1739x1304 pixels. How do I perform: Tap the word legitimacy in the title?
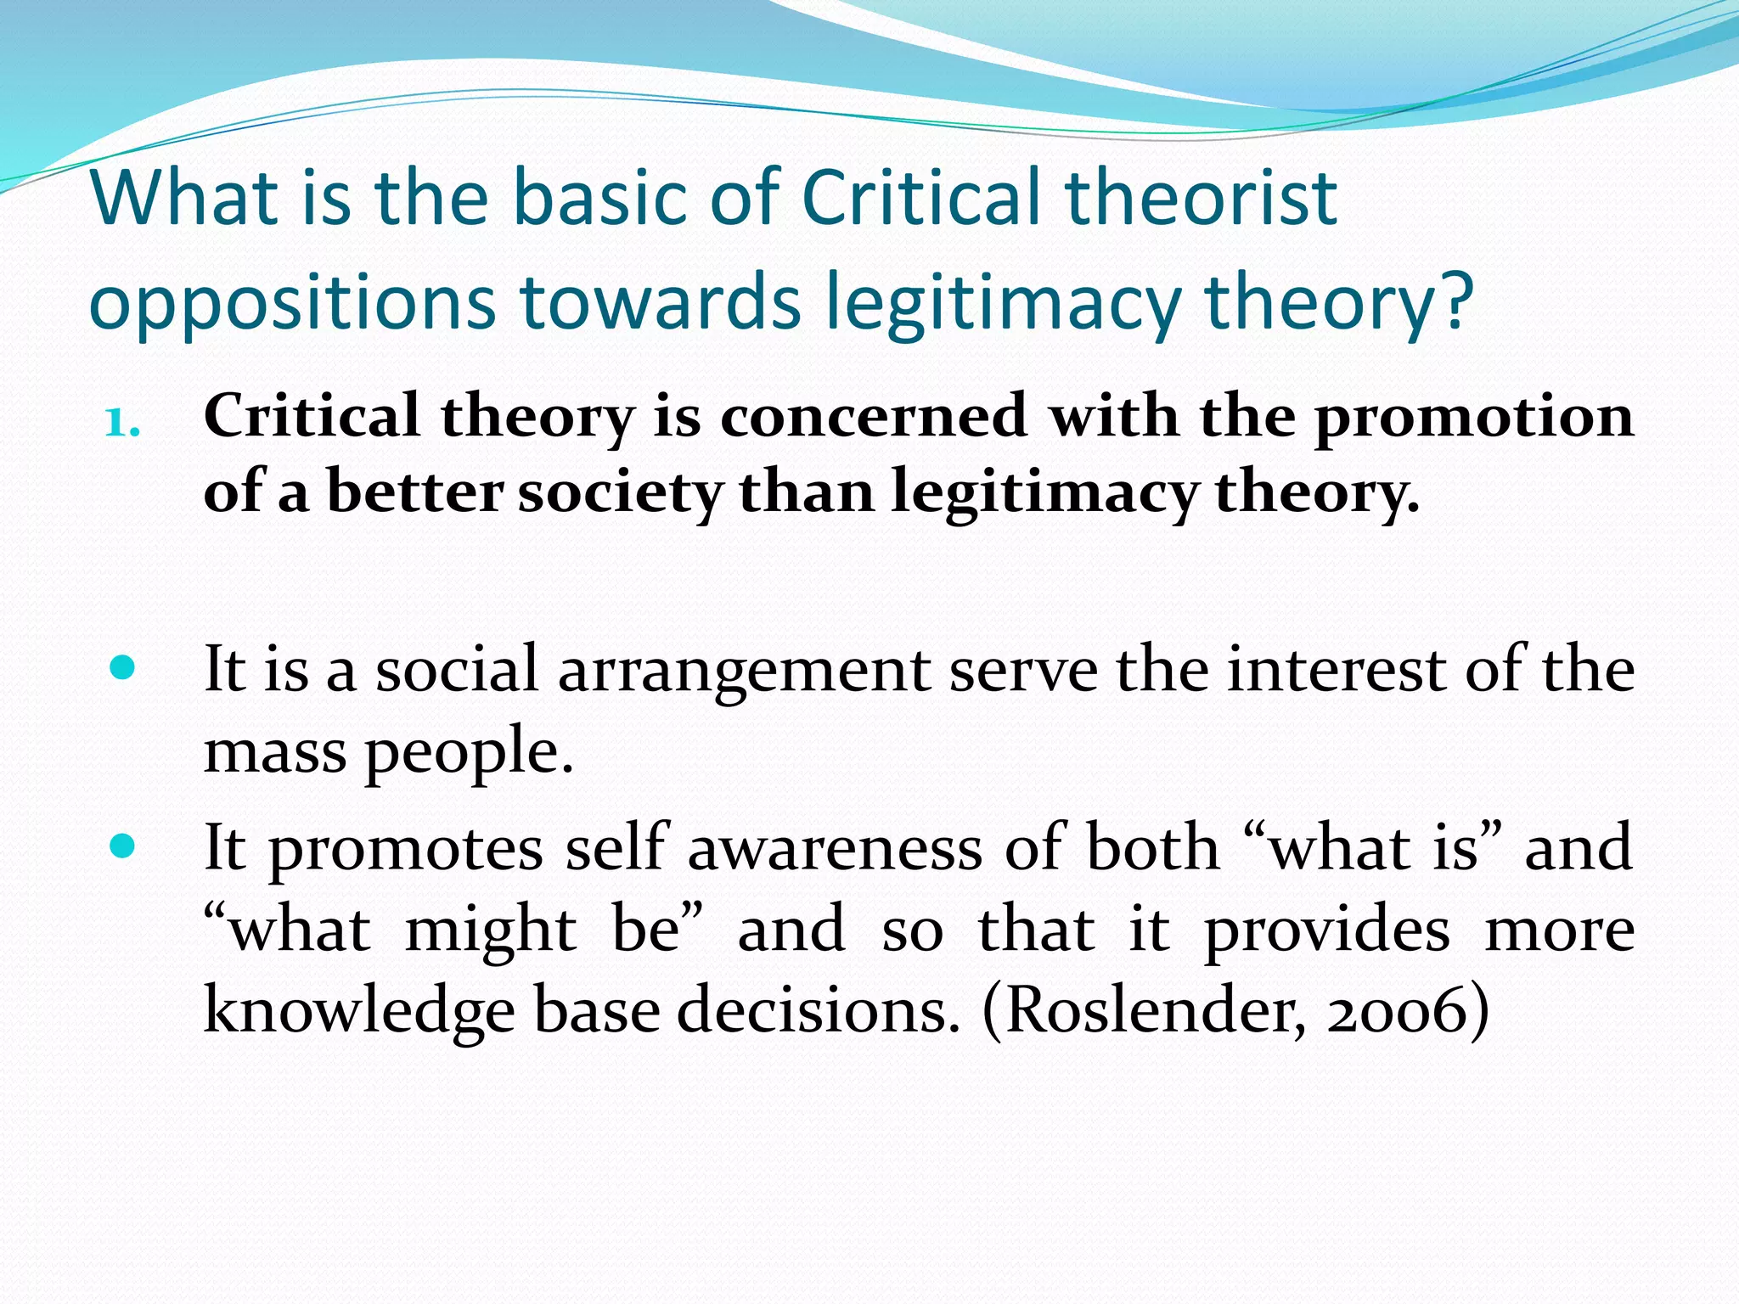pos(1003,303)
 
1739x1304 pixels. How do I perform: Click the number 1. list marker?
pos(122,422)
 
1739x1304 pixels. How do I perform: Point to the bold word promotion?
pos(1473,419)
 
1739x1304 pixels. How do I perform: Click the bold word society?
pos(620,493)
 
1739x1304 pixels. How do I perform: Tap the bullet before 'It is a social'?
pos(123,668)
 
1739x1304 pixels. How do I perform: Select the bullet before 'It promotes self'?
pos(123,846)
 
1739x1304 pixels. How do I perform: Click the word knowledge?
pos(359,1013)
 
